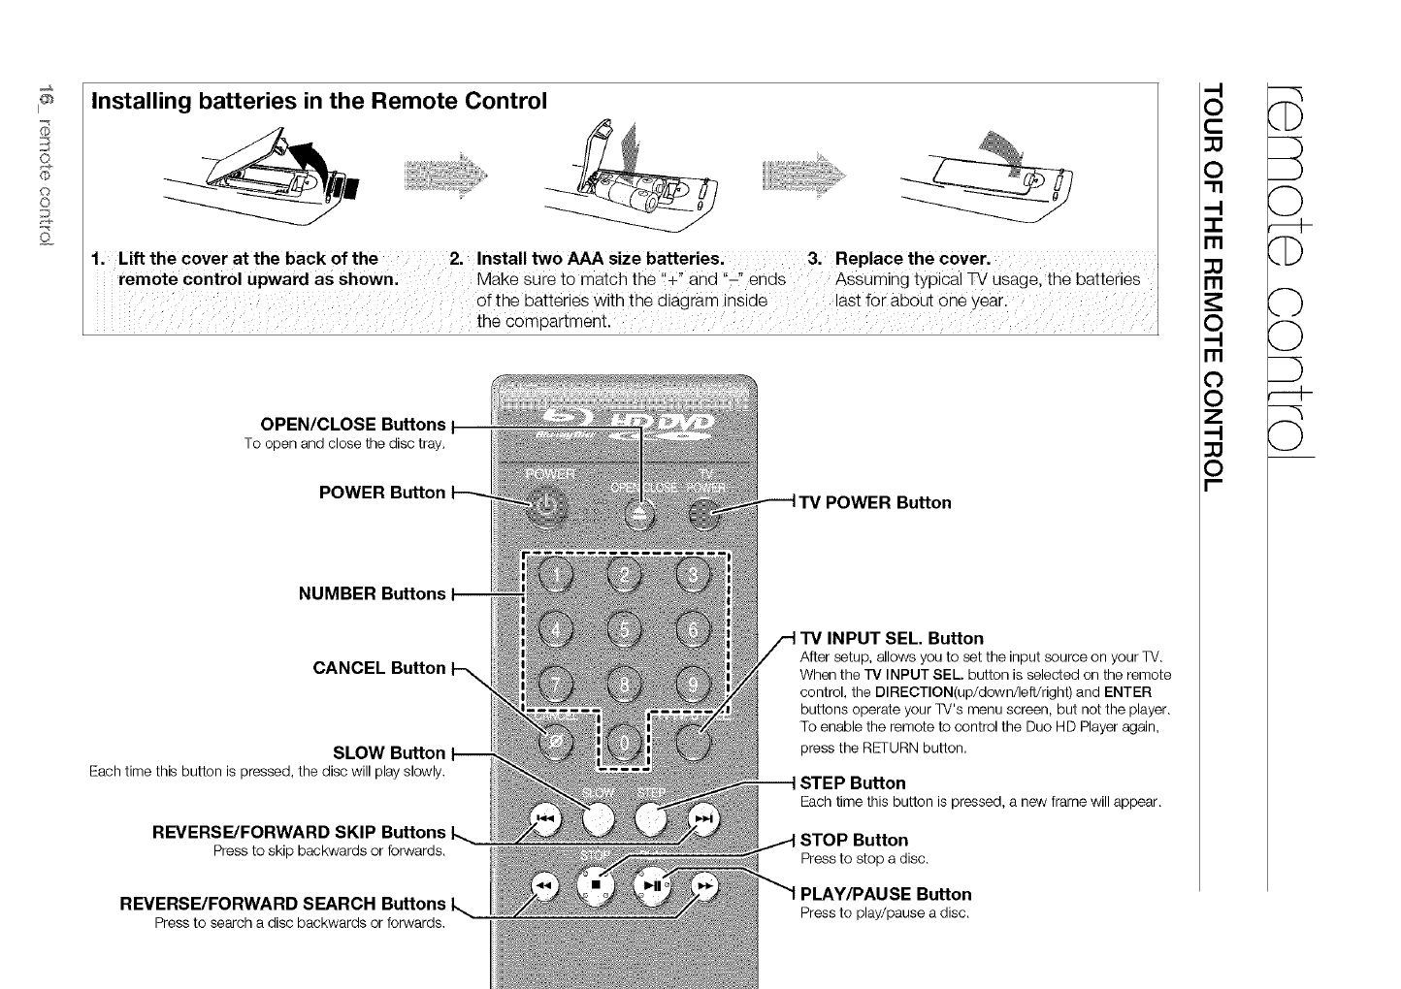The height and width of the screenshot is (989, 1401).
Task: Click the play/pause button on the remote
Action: (652, 884)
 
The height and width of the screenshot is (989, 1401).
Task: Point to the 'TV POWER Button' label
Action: (875, 502)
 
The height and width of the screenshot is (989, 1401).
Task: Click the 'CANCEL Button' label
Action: (379, 668)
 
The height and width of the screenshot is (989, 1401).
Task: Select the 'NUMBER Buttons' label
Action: (373, 593)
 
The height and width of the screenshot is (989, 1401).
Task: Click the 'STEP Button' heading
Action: (853, 782)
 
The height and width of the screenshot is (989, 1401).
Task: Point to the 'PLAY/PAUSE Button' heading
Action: (885, 894)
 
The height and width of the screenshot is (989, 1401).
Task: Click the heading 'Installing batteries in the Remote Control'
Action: (319, 101)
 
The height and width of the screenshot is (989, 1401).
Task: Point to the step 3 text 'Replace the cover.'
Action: (912, 259)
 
